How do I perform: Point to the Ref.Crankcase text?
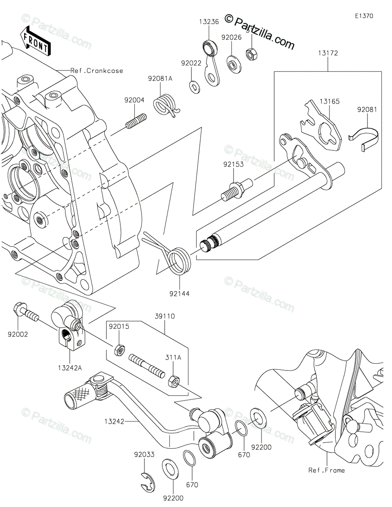tap(97, 71)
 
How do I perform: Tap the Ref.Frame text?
tap(327, 470)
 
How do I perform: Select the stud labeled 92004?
tap(136, 120)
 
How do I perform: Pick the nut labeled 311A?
tap(173, 380)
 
